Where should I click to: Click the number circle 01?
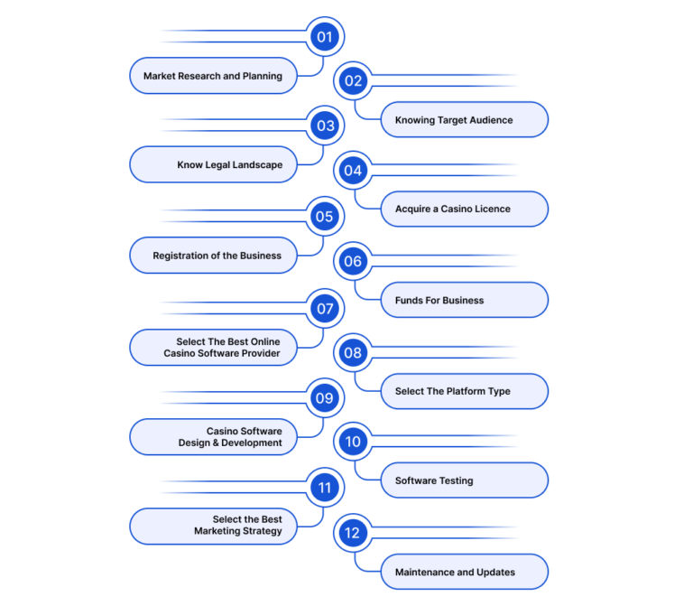(325, 37)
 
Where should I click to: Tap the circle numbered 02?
(353, 81)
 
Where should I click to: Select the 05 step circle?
(325, 217)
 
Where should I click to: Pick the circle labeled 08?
(353, 352)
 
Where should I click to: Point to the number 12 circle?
(353, 533)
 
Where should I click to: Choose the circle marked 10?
(353, 442)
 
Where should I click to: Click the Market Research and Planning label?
(213, 76)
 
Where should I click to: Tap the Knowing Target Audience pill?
(465, 120)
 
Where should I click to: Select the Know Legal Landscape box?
(213, 164)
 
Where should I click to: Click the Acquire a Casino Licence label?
(465, 210)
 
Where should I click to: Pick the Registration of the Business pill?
(213, 256)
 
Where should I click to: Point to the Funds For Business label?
(465, 301)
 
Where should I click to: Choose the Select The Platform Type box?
(465, 391)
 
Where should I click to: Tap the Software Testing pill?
(465, 480)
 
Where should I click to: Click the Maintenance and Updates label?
(465, 572)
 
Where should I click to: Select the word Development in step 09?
(252, 443)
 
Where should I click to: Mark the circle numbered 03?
(325, 126)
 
